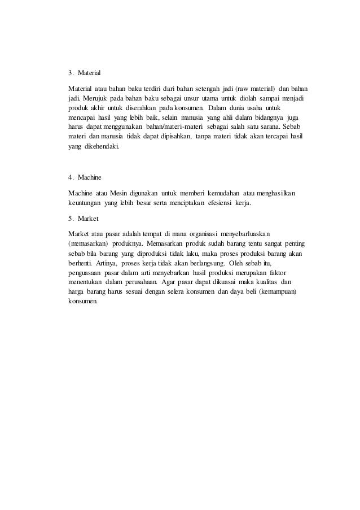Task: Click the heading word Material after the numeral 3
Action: click(x=89, y=73)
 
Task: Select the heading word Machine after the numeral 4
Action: click(x=90, y=177)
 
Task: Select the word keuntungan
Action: click(x=84, y=202)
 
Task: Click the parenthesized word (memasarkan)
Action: click(x=84, y=243)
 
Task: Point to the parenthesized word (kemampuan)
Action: click(x=279, y=291)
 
